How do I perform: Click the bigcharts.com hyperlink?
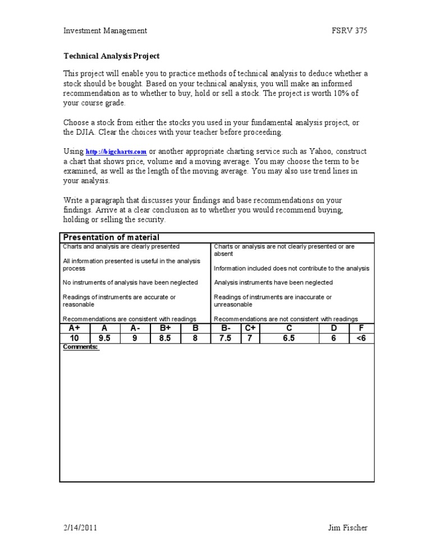point(116,152)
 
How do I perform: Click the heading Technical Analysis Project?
point(111,56)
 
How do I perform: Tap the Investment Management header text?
point(105,31)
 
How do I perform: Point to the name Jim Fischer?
point(348,528)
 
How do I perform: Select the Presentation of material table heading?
point(111,237)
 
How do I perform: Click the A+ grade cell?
point(74,328)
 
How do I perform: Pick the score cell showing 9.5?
point(104,339)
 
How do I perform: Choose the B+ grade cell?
point(165,328)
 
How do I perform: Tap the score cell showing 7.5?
point(225,339)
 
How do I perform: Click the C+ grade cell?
point(250,328)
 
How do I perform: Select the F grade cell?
point(361,328)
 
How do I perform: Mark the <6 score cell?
point(361,339)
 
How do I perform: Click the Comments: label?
point(80,347)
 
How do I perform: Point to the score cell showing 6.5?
point(289,339)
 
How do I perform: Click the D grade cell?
point(334,328)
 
